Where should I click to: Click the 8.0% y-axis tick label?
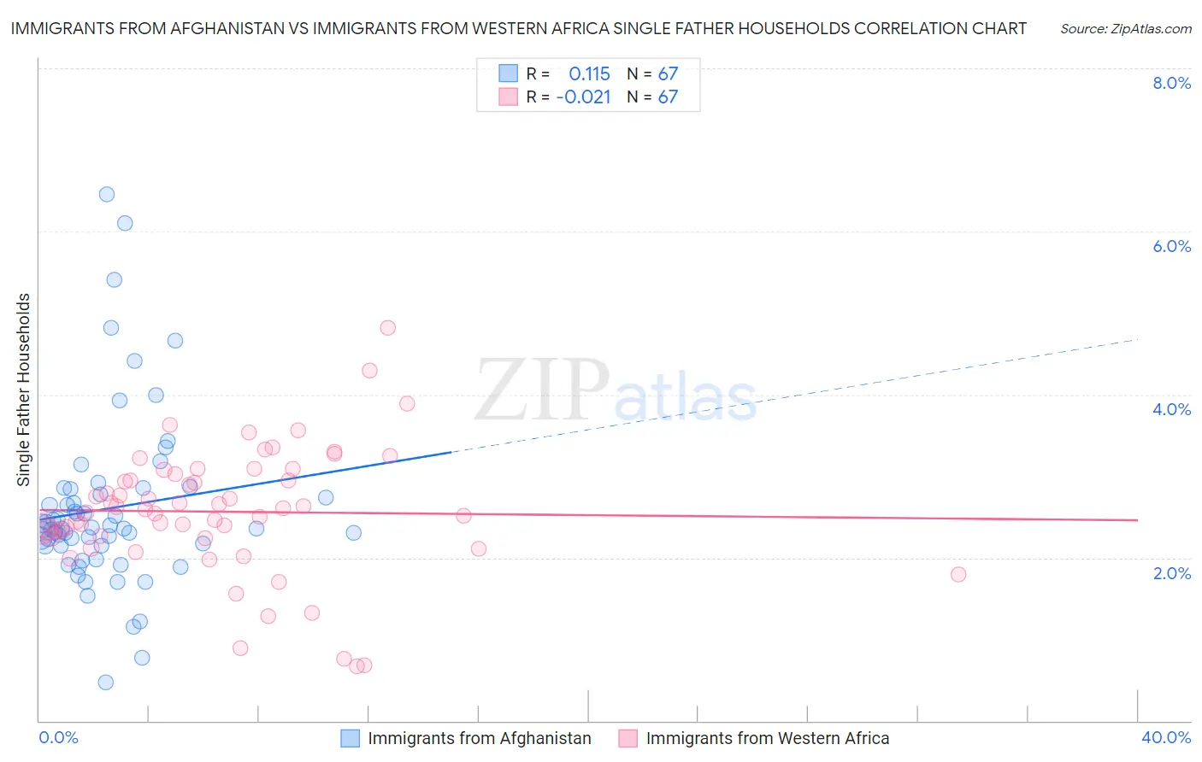[1171, 83]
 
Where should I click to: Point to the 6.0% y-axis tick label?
[1171, 246]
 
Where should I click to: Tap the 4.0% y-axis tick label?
[1171, 409]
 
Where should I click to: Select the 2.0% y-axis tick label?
[1171, 573]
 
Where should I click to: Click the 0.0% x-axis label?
[58, 737]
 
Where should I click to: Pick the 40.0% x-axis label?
[1165, 737]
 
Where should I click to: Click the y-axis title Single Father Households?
[24, 390]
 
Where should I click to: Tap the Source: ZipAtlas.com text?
[1125, 29]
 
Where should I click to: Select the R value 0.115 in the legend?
[589, 73]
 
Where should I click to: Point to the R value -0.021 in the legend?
[583, 97]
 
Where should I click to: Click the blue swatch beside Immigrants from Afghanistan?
[351, 738]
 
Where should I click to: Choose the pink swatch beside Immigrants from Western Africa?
[628, 738]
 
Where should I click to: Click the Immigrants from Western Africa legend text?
[767, 738]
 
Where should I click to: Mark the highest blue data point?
[107, 194]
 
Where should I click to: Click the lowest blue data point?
[106, 682]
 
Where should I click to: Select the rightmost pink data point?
[958, 574]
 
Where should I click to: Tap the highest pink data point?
[387, 327]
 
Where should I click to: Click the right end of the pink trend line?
[1137, 519]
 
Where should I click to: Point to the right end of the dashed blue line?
[1137, 339]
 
